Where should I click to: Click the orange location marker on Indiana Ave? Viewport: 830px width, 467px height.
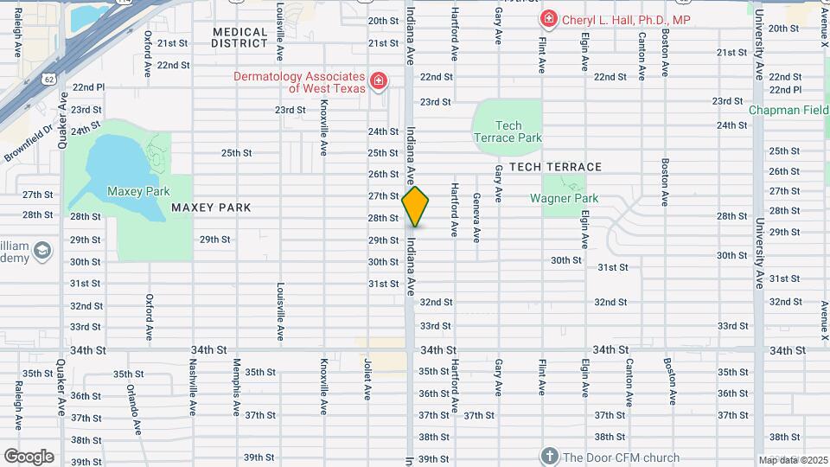(415, 207)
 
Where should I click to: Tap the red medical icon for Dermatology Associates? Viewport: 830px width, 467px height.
(378, 82)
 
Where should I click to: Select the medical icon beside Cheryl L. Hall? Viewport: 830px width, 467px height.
(548, 19)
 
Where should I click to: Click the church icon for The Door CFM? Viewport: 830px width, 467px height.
(548, 456)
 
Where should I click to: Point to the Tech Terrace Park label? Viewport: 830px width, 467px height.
(508, 132)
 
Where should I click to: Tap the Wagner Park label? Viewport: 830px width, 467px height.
(564, 198)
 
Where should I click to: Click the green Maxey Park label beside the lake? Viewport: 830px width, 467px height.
(137, 191)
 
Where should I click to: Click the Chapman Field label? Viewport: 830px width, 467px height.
(788, 110)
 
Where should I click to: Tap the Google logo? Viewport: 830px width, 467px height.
(29, 456)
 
